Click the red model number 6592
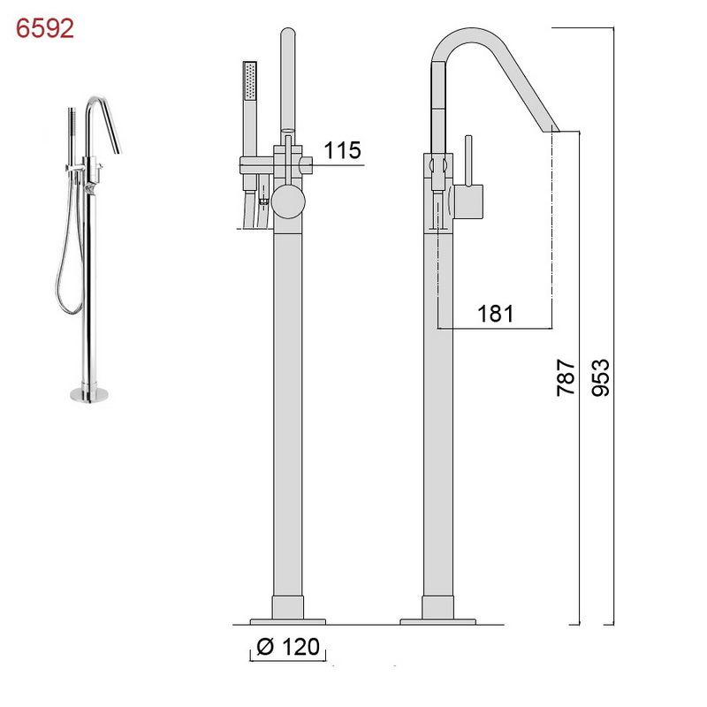45,28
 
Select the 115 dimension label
342,150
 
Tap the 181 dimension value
495,314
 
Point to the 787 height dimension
566,377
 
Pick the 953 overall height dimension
600,377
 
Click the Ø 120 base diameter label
288,646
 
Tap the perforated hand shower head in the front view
250,80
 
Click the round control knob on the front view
288,201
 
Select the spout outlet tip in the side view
550,129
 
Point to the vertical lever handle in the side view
468,161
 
